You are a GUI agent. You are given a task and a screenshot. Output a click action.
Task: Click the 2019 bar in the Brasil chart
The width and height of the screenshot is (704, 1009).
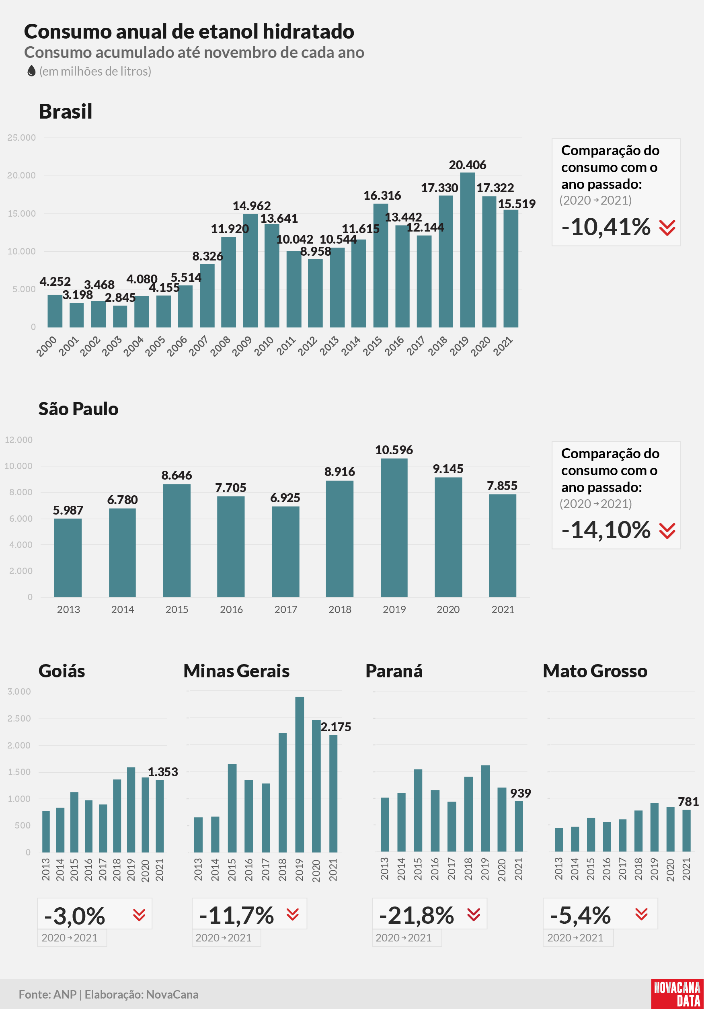click(x=467, y=250)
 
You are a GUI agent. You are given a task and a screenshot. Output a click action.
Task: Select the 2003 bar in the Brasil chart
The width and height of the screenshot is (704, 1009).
click(x=120, y=316)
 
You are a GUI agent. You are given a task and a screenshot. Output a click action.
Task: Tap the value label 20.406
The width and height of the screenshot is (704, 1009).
click(x=467, y=165)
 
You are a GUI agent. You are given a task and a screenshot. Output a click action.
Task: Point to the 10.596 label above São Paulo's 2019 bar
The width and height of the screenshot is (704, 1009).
click(x=394, y=450)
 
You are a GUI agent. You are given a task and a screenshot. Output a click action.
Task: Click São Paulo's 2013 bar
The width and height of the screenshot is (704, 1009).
click(x=68, y=558)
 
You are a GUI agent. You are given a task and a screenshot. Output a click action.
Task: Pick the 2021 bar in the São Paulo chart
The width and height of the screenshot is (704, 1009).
click(x=502, y=546)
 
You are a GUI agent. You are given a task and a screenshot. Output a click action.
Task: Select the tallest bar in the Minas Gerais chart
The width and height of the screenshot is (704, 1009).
click(x=299, y=774)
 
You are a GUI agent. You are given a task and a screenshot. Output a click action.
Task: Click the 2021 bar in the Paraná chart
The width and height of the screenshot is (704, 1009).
click(x=519, y=826)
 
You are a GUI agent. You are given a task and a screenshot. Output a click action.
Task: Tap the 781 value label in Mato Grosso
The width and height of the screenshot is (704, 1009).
click(x=688, y=802)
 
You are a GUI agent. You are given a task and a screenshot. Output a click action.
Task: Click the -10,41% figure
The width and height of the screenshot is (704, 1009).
click(x=606, y=227)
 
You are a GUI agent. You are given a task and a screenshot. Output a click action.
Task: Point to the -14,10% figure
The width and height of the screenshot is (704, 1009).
click(x=606, y=530)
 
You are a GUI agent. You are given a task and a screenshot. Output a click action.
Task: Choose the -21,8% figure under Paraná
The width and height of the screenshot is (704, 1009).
click(x=416, y=915)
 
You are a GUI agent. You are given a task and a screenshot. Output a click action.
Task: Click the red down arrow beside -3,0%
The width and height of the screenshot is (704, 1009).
click(x=139, y=915)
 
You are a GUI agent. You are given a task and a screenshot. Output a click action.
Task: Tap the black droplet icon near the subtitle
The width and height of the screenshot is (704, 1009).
click(x=31, y=71)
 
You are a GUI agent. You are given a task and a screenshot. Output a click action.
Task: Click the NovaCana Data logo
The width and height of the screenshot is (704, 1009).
click(x=677, y=994)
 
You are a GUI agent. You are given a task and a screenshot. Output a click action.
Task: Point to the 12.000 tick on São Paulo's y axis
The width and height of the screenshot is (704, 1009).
click(x=18, y=440)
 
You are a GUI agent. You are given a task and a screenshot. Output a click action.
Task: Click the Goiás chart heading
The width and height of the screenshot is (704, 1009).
click(x=62, y=671)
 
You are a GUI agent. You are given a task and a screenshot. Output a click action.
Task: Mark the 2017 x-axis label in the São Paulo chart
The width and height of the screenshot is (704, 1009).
click(x=285, y=609)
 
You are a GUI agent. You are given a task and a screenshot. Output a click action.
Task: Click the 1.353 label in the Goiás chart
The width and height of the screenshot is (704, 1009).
click(x=162, y=772)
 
